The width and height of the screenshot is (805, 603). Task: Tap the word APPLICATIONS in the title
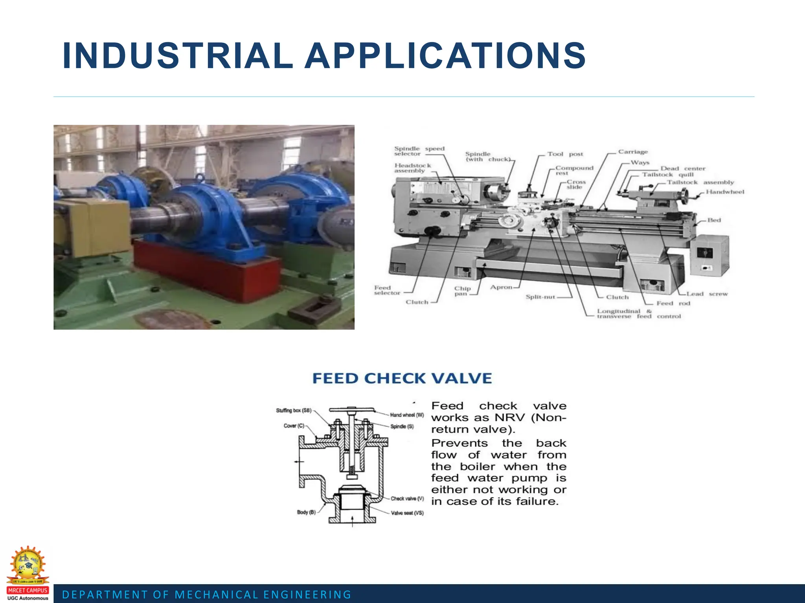coord(445,56)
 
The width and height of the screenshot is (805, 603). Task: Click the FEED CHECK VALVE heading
coord(402,378)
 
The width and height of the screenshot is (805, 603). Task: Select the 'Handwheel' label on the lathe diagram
coord(725,192)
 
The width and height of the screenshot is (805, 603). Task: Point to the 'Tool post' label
coord(565,154)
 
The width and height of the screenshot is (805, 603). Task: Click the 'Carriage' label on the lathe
coord(633,152)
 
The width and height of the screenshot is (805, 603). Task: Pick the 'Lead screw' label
coord(707,294)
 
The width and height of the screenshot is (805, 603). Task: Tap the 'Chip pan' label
coord(462,291)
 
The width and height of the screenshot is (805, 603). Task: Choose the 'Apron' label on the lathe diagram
coord(501,287)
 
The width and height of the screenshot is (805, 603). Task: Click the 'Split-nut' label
coord(540,297)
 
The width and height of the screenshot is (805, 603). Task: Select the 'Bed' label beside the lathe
coord(714,220)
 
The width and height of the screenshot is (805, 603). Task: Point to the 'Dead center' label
coord(683,168)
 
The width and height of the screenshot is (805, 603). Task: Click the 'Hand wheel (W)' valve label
coord(407,415)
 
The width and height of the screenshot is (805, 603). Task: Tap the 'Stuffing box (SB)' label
coord(294,410)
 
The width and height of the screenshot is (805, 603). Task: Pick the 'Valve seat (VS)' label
coord(407,513)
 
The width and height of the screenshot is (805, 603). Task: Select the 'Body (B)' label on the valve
coord(306,512)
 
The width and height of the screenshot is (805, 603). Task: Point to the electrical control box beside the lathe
coord(709,256)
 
